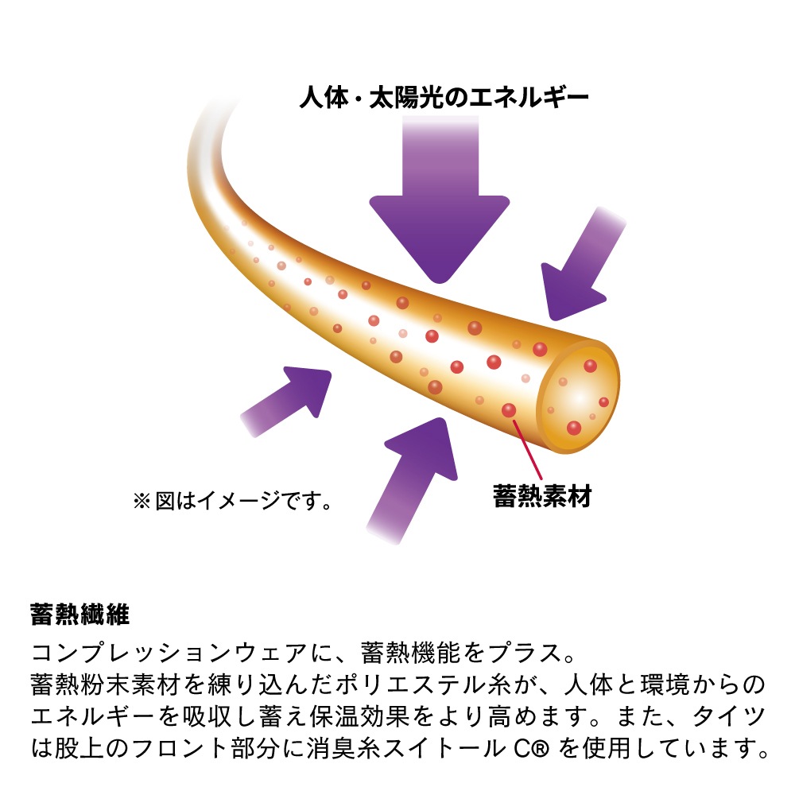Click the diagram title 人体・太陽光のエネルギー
click(x=444, y=97)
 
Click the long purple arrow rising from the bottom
click(x=412, y=481)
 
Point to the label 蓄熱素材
click(x=542, y=496)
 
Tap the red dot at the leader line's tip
click(x=509, y=410)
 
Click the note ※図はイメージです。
click(x=233, y=501)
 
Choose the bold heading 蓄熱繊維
click(x=80, y=614)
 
